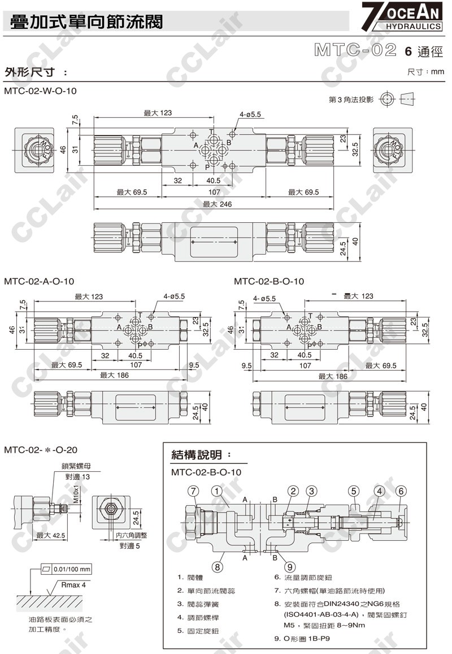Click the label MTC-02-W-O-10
(40, 91)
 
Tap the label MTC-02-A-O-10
(39, 281)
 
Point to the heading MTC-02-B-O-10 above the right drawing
(269, 281)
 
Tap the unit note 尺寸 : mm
(426, 72)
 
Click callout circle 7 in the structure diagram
(194, 490)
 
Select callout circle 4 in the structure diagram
(380, 490)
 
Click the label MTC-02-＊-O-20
(40, 450)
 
